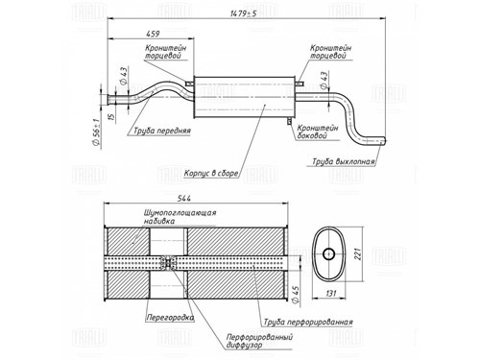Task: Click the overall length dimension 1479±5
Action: pos(243,13)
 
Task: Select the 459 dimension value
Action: pos(153,34)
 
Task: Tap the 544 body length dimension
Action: pos(184,199)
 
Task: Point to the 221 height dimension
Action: pos(358,253)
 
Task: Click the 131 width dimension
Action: pos(331,293)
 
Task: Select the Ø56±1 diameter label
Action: pos(96,132)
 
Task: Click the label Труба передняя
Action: pos(162,131)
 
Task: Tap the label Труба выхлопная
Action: pos(344,161)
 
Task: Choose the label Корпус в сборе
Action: pos(211,174)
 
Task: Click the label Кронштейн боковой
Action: pos(318,132)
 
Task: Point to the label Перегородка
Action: pos(170,318)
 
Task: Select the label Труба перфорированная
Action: pos(308,322)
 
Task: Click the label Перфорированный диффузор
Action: pos(259,341)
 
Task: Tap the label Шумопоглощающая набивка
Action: pos(180,217)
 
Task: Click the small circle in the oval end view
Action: pos(328,254)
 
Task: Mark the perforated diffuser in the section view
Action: pos(169,262)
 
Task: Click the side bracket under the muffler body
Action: pos(289,121)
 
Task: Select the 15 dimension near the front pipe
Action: pos(111,117)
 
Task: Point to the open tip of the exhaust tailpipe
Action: pos(385,141)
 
